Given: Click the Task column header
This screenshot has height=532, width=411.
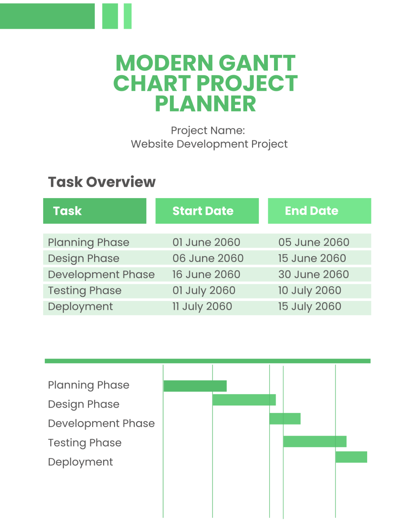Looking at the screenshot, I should tap(95, 211).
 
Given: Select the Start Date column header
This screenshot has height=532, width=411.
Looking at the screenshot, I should tap(207, 211).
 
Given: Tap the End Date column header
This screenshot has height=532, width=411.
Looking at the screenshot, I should tap(319, 211).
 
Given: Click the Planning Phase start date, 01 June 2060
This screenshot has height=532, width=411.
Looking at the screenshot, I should tap(206, 242).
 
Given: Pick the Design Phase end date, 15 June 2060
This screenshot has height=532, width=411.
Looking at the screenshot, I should tap(312, 258).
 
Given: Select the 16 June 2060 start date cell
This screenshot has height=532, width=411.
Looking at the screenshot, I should tap(206, 275).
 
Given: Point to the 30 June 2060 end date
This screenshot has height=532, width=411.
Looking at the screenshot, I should tap(313, 275).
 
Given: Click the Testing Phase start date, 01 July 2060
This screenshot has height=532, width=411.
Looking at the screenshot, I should tap(204, 291).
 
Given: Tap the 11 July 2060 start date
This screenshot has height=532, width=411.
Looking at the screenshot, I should tap(202, 306).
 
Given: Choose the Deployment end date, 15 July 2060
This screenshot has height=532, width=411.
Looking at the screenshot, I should tap(310, 306).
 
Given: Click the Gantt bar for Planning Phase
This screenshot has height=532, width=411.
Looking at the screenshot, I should tap(195, 386).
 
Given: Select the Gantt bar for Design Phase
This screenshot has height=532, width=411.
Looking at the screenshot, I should tap(244, 400).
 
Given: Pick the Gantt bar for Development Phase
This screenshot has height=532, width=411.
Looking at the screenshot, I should tap(285, 419).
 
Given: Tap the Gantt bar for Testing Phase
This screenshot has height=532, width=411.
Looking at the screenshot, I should tap(315, 442).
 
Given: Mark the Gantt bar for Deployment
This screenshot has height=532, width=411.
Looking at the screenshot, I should tap(351, 457).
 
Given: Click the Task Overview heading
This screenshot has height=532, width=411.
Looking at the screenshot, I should tap(102, 182).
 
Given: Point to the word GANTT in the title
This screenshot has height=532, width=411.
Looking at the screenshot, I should tap(257, 63).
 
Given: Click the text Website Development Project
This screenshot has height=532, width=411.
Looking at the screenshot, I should tap(209, 144).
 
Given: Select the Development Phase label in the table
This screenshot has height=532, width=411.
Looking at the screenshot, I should tap(101, 275).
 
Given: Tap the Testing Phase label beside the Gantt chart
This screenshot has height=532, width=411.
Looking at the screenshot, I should tap(85, 443).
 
